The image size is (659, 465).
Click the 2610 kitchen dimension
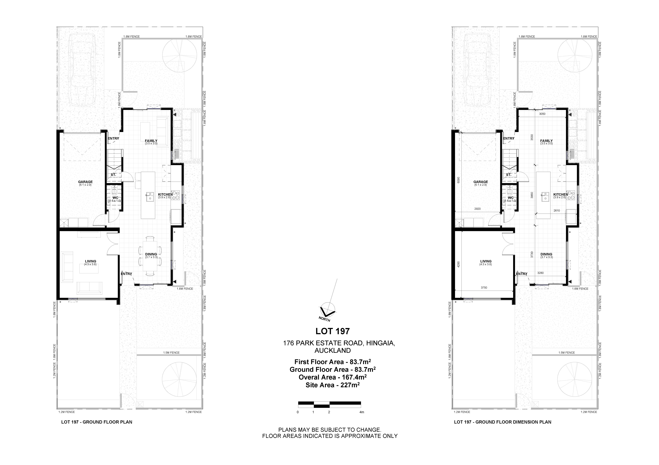click(x=557, y=210)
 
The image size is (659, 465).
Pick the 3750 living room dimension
click(x=484, y=288)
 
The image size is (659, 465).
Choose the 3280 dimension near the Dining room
click(x=540, y=273)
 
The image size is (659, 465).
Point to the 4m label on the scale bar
click(x=362, y=412)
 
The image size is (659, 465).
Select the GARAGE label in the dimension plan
click(x=481, y=182)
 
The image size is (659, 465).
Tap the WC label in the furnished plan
click(x=115, y=198)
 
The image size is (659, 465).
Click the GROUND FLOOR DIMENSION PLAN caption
click(x=513, y=422)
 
